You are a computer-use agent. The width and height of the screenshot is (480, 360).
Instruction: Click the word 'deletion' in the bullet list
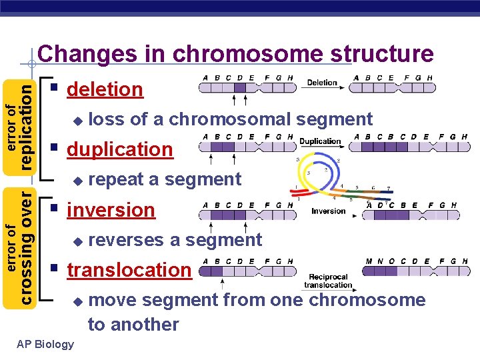[x=105, y=89]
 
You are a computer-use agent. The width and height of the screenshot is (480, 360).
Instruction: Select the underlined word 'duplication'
[x=120, y=149]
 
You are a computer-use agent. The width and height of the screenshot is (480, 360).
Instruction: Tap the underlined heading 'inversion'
[x=111, y=210]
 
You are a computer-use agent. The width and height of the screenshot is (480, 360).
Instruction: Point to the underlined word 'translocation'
[x=129, y=270]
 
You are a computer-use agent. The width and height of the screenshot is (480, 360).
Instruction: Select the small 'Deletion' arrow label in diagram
[x=322, y=83]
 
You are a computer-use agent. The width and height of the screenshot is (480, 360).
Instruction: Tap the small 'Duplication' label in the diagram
[x=321, y=141]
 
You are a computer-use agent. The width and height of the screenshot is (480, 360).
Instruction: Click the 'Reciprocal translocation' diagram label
[x=328, y=281]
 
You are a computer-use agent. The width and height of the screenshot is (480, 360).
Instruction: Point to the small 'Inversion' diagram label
[x=328, y=211]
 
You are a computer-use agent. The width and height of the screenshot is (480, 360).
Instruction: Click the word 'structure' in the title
[x=377, y=53]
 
